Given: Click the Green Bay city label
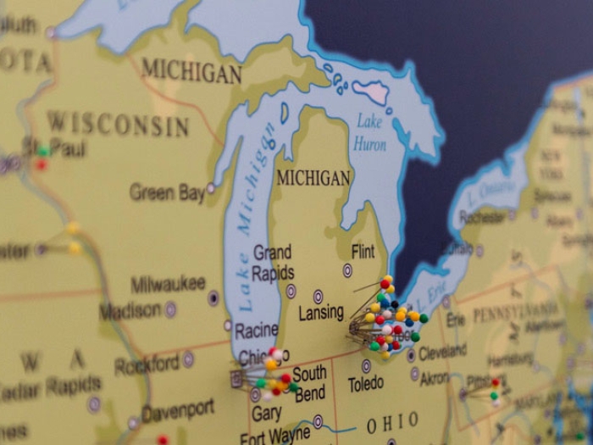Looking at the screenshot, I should [167, 192].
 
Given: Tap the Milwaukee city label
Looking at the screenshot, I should [168, 284].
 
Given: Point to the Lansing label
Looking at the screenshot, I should [321, 314].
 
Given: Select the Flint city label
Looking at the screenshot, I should [363, 252].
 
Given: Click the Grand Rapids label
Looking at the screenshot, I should [273, 263].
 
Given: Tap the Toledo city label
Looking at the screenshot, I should [366, 384].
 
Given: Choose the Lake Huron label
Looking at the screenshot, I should [370, 132].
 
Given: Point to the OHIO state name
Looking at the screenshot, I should [392, 422].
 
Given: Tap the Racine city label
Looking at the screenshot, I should [257, 331].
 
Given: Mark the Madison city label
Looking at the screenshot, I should [130, 311].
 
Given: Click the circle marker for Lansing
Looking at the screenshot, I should [319, 296].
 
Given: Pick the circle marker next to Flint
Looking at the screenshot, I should [347, 270].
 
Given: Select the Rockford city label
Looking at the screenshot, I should [147, 364].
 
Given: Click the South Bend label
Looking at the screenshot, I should [309, 382].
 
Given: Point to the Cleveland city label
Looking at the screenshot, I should [442, 350].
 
